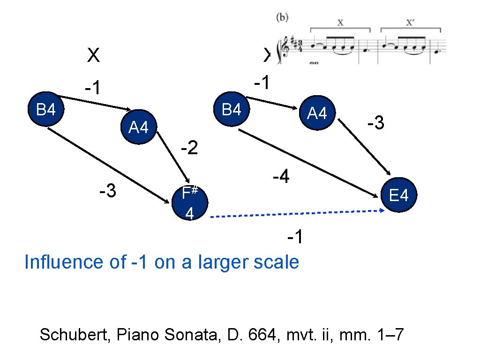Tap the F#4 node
[x=189, y=203]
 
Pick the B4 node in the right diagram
[x=232, y=110]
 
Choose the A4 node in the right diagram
[x=317, y=113]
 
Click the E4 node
[x=398, y=195]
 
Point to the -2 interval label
[x=190, y=149]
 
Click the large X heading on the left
[x=93, y=56]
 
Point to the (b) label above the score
[x=282, y=18]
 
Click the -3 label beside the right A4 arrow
[x=376, y=124]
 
